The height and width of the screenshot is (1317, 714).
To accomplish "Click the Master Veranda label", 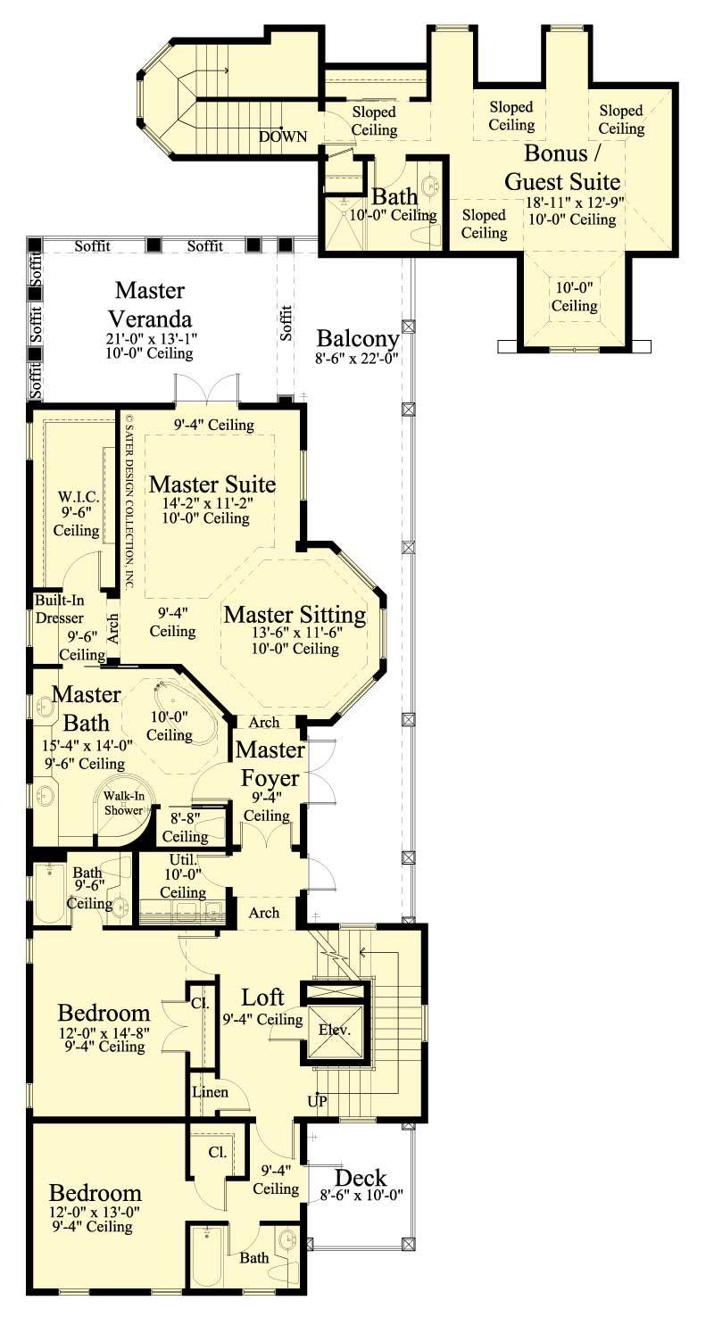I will [150, 304].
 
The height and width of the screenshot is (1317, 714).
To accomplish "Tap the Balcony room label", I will [357, 339].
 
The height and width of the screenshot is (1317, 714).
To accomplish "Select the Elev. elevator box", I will [336, 1029].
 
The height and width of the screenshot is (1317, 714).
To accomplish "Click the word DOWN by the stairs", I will [283, 137].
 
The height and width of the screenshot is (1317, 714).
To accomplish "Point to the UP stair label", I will [318, 1100].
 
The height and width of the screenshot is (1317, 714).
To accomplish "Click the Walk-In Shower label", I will [122, 803].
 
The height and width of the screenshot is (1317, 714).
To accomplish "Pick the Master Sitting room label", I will [295, 615].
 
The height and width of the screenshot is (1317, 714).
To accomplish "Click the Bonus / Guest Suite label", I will [562, 166].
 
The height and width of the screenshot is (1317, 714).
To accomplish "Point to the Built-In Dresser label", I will [60, 609].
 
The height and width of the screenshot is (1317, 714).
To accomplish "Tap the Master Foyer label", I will [270, 764].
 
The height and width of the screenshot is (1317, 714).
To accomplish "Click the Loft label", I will [264, 997].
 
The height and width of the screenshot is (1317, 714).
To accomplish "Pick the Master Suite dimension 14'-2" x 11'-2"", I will [206, 504].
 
